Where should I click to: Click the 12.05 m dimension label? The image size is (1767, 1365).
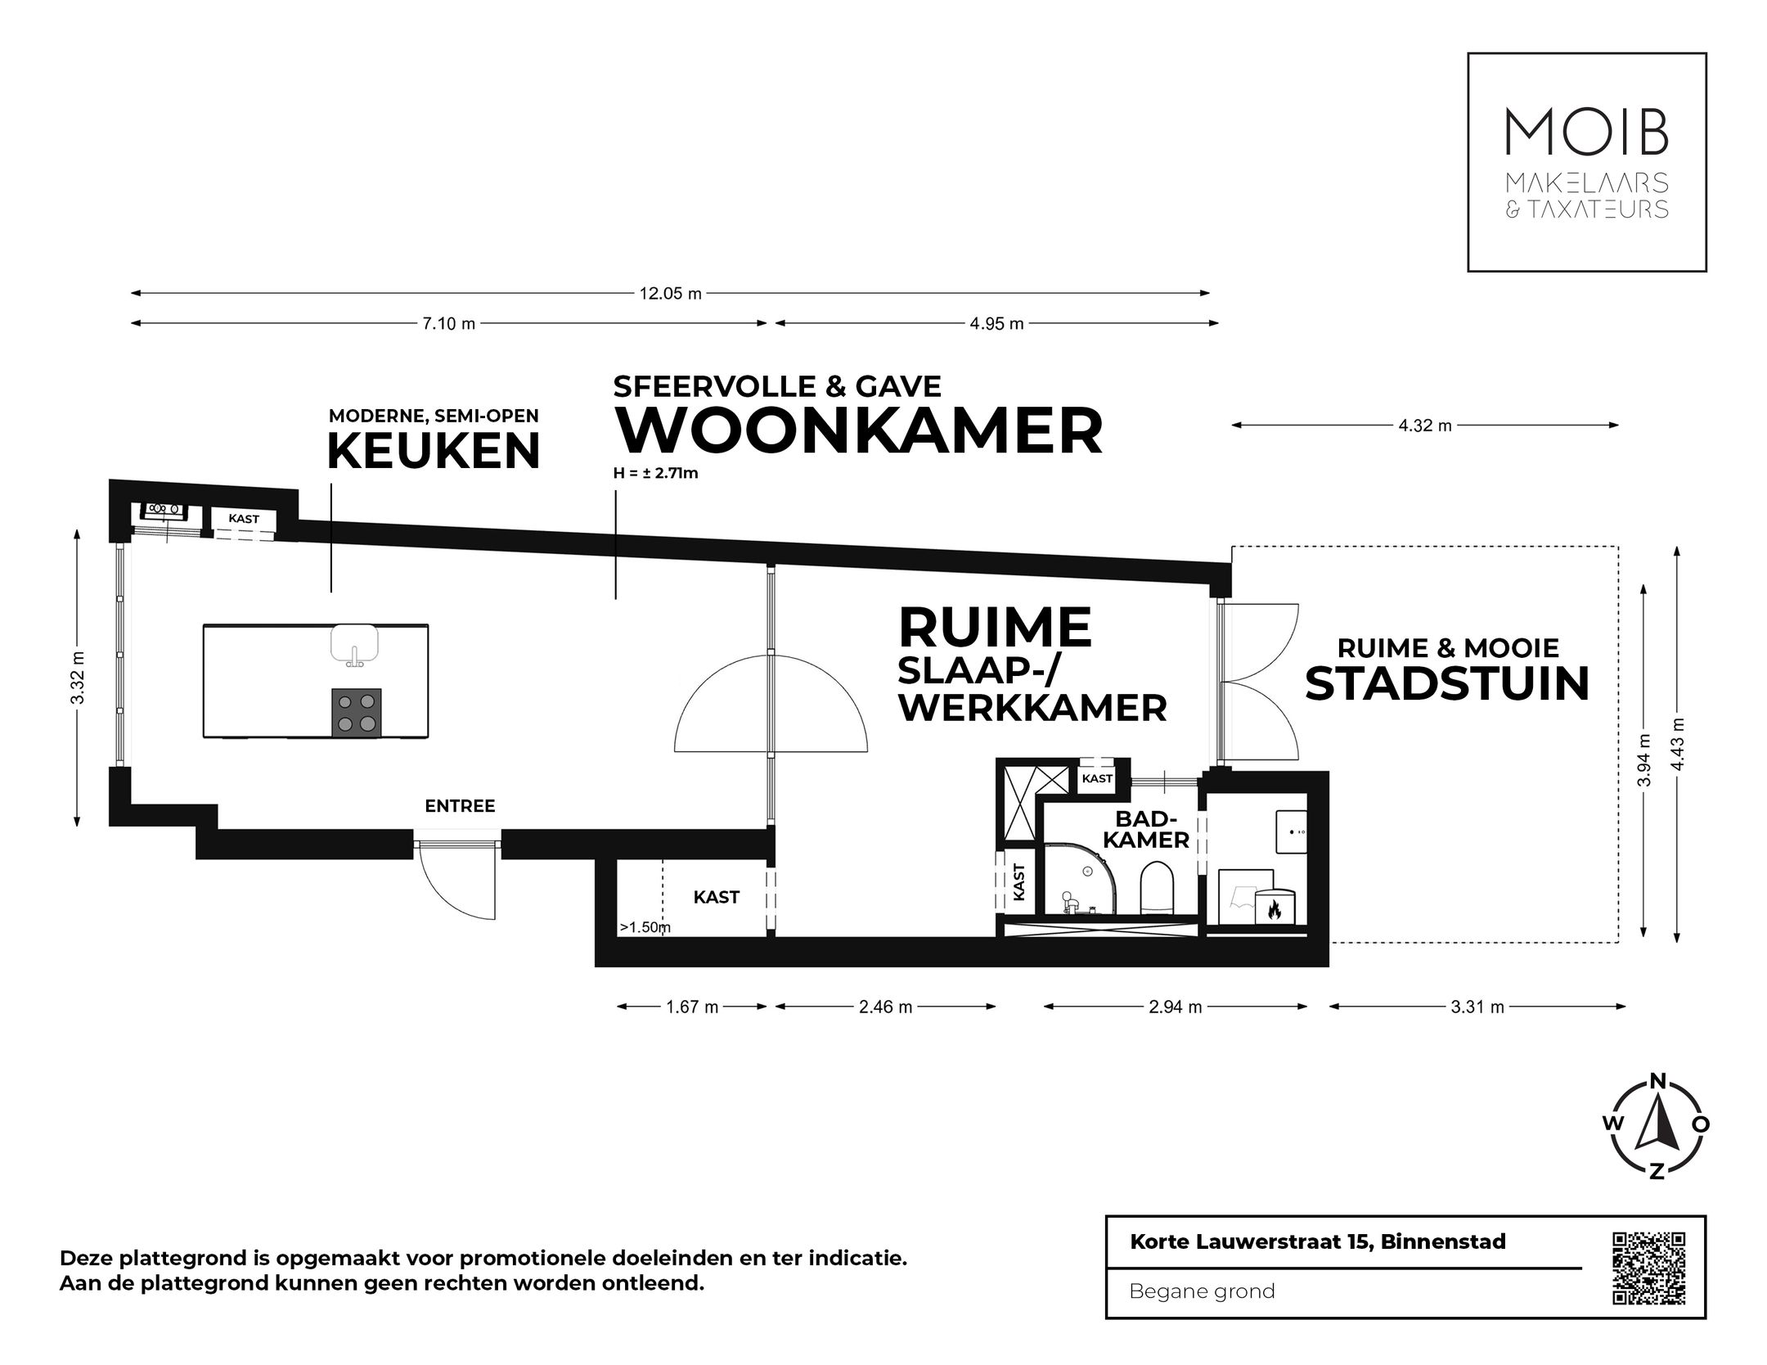tap(670, 294)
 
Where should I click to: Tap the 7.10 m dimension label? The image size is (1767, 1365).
tap(448, 323)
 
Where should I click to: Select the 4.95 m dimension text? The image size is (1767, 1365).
tap(996, 323)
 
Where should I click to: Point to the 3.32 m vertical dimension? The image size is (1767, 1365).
tap(77, 678)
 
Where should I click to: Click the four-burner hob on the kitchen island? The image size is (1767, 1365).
tap(357, 713)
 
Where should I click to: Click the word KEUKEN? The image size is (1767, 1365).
tap(434, 451)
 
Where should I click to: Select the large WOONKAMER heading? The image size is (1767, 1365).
tap(858, 431)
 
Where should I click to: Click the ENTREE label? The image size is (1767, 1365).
tap(460, 806)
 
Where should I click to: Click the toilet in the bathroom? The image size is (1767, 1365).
tap(1156, 885)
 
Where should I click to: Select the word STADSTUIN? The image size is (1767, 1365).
tap(1446, 684)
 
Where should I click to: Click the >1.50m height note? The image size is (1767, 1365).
tap(645, 927)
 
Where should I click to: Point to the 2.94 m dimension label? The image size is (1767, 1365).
tap(1175, 1007)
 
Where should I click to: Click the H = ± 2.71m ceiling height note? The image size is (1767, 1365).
tap(655, 473)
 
